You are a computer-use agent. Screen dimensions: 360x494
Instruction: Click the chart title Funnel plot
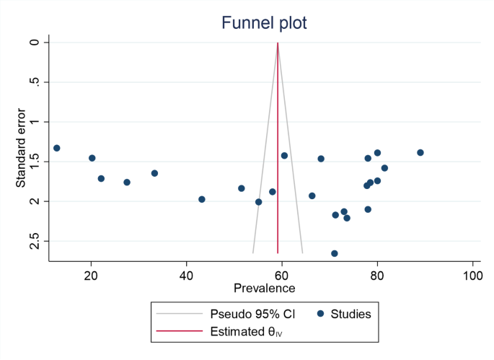[x=264, y=23]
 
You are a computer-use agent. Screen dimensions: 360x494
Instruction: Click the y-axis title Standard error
[x=21, y=148]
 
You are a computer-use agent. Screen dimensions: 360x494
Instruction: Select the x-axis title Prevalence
[x=264, y=289]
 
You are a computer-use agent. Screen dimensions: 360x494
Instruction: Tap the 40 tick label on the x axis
[x=187, y=276]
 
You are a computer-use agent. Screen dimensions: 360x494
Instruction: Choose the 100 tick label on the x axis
[x=472, y=276]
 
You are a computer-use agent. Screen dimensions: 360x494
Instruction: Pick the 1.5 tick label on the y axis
[x=34, y=162]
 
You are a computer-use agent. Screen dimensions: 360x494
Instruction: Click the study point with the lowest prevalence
[x=57, y=148]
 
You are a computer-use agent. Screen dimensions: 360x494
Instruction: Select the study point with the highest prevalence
[x=420, y=153]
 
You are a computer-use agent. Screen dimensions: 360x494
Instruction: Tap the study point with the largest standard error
[x=335, y=253]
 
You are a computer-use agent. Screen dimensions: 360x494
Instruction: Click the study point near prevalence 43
[x=202, y=199]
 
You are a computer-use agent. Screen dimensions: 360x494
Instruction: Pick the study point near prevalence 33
[x=154, y=173]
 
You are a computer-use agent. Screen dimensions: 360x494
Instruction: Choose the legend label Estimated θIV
[x=247, y=333]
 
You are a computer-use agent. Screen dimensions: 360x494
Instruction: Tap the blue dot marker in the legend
[x=320, y=314]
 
